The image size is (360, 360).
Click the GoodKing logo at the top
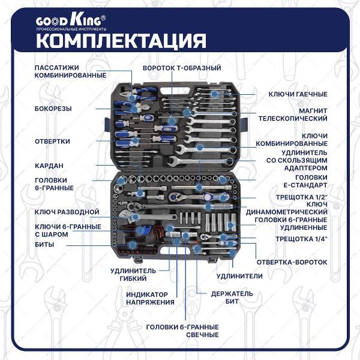pos(71,22)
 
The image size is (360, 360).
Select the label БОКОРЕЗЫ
pos(53,109)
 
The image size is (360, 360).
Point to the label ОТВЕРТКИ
pos(52,141)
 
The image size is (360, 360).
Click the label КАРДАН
pos(49,165)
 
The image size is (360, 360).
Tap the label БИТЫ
pos(44,245)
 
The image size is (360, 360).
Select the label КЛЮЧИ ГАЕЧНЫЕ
pos(298,94)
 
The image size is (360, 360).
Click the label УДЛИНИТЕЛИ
pos(239,276)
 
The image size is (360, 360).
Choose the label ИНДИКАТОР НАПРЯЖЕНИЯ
pos(150,298)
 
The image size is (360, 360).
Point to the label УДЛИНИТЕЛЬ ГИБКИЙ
pos(133,274)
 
